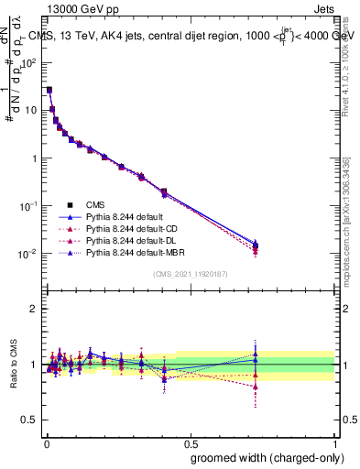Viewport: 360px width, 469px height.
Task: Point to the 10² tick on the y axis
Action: pyautogui.click(x=30, y=62)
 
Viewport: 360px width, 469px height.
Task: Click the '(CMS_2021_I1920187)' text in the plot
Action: pyautogui.click(x=191, y=274)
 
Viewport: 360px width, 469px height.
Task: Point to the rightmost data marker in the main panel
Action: pyautogui.click(x=256, y=245)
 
